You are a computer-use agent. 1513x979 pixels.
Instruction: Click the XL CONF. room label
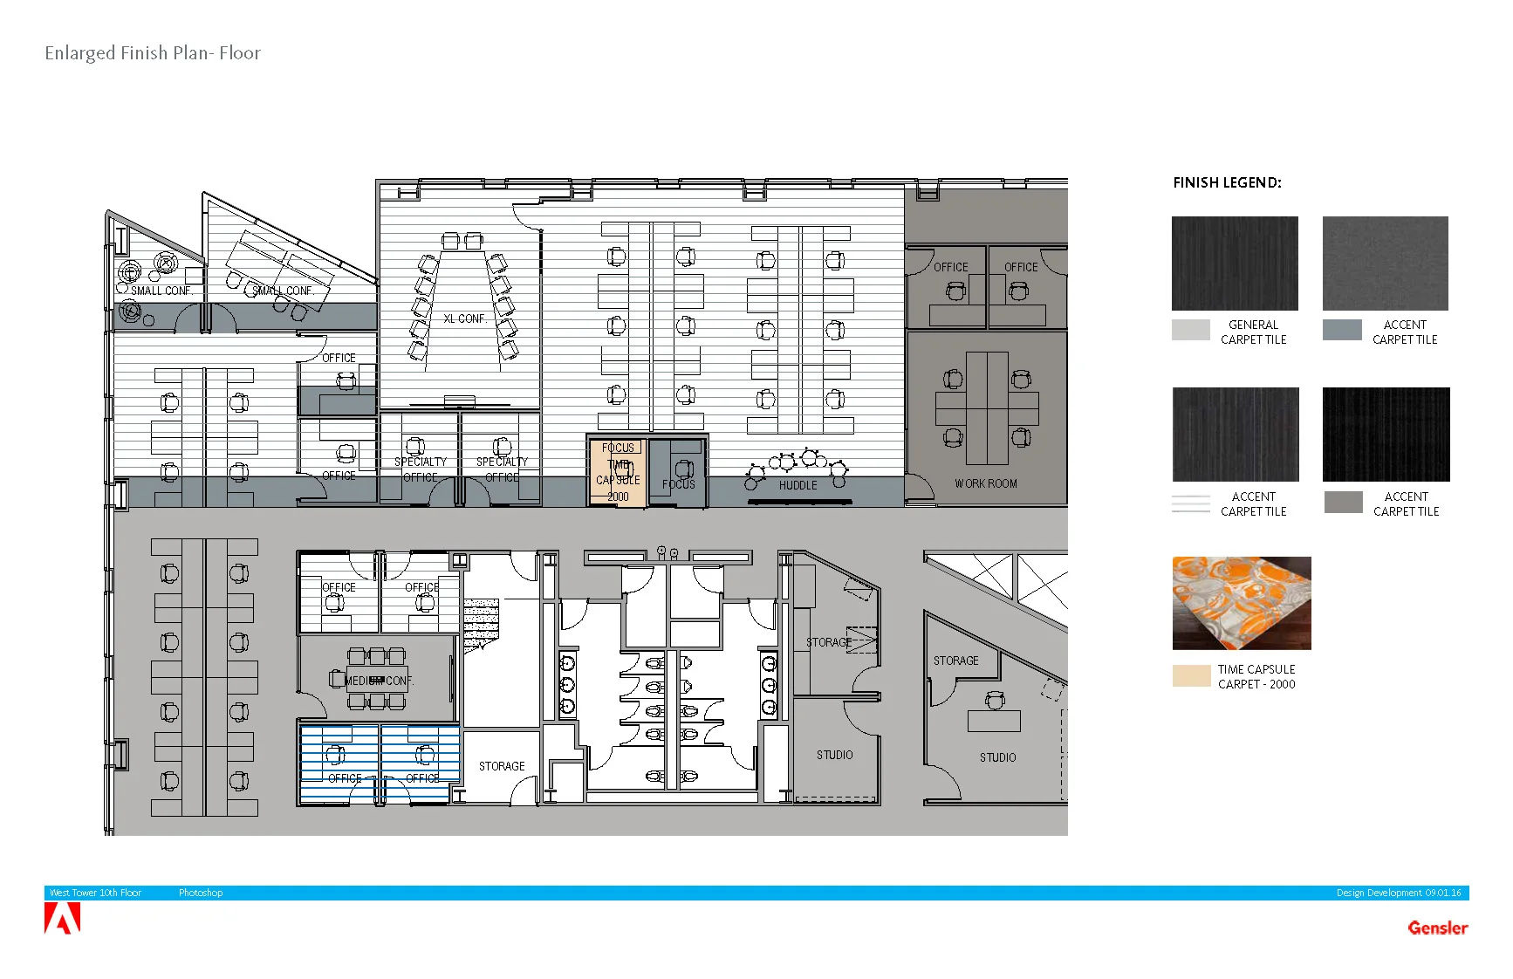(464, 319)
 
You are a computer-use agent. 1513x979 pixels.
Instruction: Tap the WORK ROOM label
(985, 483)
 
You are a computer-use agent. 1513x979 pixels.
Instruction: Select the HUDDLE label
(798, 485)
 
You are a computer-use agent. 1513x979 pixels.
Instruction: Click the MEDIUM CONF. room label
(378, 681)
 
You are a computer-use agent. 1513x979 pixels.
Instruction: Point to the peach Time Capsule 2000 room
(618, 472)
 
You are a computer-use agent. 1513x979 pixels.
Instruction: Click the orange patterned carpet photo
(1241, 603)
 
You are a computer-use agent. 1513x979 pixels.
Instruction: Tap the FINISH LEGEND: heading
(1227, 183)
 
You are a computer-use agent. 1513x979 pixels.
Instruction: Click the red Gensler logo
(1437, 928)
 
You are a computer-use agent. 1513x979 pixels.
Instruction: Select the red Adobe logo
(62, 919)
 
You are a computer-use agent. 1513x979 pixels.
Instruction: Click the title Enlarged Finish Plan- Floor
(153, 53)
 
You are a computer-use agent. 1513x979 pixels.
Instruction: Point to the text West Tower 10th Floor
(95, 893)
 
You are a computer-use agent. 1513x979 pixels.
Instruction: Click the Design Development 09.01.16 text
(1398, 893)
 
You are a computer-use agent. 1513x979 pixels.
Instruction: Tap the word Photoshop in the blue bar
(201, 893)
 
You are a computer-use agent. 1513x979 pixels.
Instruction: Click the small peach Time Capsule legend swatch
(1191, 676)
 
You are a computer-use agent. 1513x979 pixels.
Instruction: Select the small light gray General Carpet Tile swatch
(1190, 330)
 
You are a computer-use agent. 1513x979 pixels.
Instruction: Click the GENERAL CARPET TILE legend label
(1253, 332)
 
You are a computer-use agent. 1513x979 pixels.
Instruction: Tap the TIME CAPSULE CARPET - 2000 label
(1256, 677)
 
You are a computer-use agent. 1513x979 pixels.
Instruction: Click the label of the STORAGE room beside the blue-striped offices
(502, 766)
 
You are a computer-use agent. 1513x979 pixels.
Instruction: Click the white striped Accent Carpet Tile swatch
(1190, 503)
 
